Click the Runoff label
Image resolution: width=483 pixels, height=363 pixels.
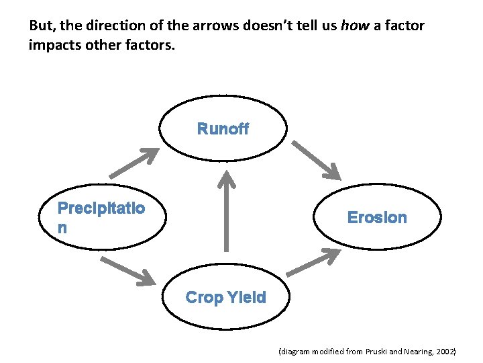(x=223, y=129)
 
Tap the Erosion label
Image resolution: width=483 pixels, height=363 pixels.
(x=377, y=217)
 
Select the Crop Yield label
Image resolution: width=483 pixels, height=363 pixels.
(x=225, y=297)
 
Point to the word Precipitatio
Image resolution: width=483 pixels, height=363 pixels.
(x=101, y=208)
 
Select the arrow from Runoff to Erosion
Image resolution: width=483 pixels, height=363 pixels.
(x=318, y=161)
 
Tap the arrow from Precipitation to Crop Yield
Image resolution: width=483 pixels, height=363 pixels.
(x=125, y=268)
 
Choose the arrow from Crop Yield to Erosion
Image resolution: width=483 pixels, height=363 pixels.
(x=314, y=261)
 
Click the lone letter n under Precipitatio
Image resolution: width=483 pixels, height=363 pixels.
(x=62, y=227)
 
